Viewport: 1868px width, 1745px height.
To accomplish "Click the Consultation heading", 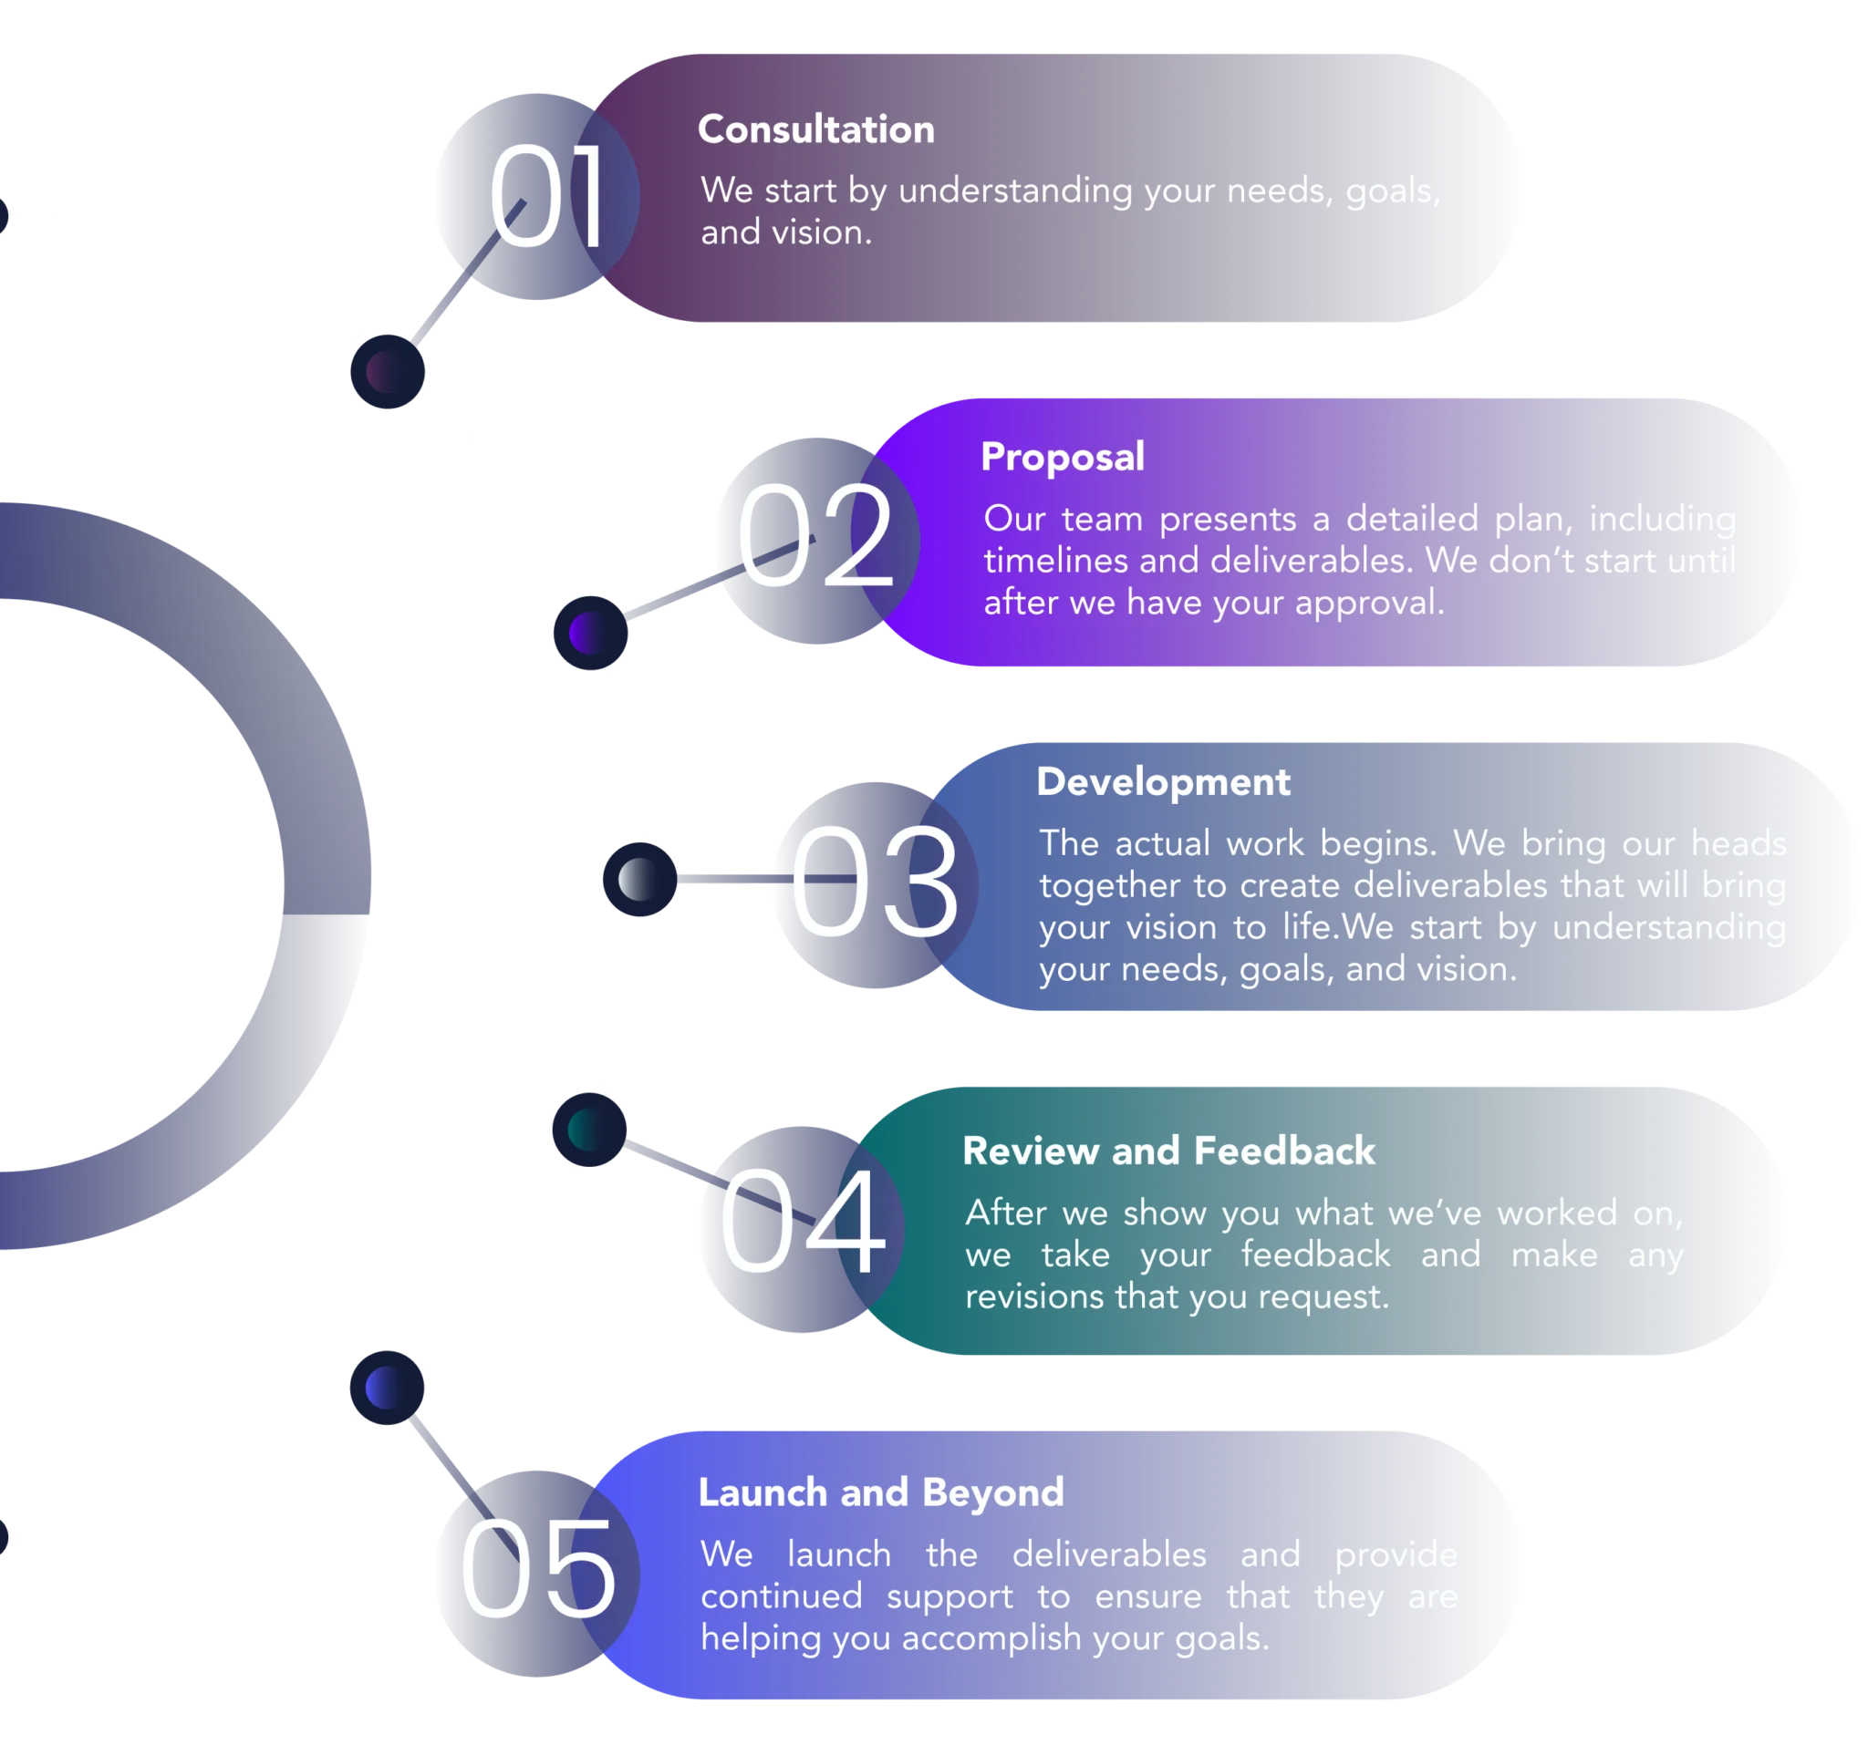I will [815, 129].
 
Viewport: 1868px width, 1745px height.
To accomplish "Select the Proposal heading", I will [1062, 458].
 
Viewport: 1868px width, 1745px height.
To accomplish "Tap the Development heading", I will [1162, 782].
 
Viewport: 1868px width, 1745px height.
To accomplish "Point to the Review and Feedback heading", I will [1168, 1151].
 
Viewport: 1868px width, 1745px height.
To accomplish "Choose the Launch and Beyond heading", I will [880, 1492].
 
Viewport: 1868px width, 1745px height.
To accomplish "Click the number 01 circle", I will [535, 197].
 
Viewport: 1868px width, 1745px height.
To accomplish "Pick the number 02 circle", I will [815, 540].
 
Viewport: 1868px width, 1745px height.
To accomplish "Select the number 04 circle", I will [801, 1227].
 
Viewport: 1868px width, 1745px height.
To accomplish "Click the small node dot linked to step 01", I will [387, 373].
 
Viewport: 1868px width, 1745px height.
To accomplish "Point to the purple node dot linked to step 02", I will [588, 633].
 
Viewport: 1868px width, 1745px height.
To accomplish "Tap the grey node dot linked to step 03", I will [638, 880].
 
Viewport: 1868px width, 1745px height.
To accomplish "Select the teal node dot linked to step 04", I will [588, 1129].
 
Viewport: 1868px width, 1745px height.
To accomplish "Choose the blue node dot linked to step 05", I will [387, 1389].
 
